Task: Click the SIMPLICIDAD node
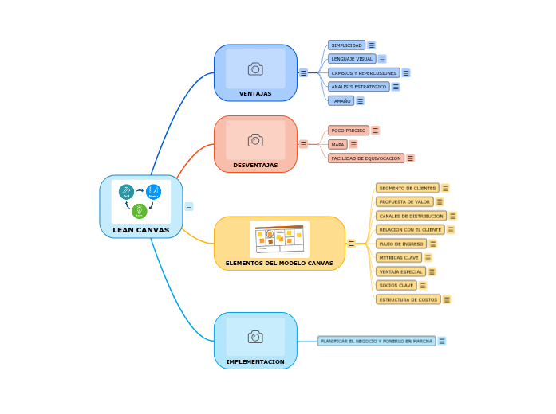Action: point(346,45)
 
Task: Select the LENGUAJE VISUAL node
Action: point(352,59)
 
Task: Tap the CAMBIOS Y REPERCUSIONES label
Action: point(364,72)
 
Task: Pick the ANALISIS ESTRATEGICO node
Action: point(358,87)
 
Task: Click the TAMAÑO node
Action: point(341,101)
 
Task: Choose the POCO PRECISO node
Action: point(348,130)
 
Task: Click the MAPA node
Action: point(337,144)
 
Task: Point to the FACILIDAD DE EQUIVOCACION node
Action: point(366,158)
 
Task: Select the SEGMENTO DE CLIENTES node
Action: point(407,188)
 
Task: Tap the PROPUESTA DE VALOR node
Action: point(404,202)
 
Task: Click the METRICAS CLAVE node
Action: point(399,257)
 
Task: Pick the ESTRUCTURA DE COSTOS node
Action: point(408,299)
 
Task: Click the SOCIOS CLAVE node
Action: point(396,285)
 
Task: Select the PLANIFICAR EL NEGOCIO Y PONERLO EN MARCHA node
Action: point(377,341)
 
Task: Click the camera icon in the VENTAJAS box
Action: point(255,69)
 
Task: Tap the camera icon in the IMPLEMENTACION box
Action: point(255,337)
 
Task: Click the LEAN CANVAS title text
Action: point(141,230)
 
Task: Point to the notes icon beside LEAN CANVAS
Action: point(189,207)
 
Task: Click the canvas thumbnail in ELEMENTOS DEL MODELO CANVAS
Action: point(279,238)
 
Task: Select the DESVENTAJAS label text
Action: point(255,165)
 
